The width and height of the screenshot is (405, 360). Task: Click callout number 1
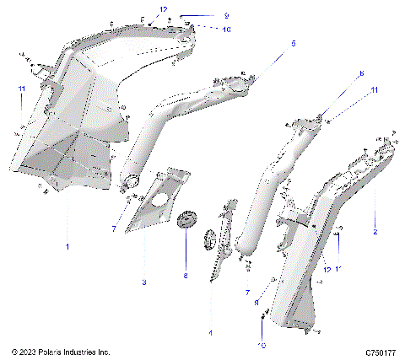68,247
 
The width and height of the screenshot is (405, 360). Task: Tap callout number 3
144,282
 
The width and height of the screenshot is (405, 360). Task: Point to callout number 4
210,333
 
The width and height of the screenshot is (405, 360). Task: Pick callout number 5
294,43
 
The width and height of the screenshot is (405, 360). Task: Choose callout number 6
360,74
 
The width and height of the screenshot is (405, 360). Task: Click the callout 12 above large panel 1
163,8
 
